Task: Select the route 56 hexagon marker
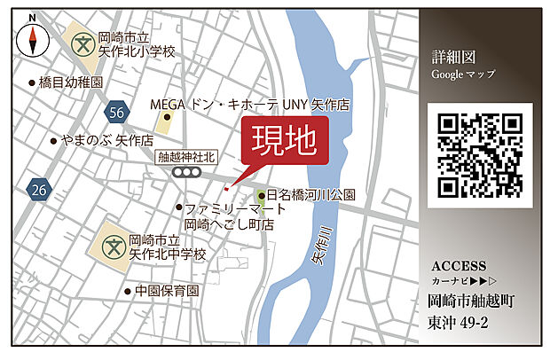[114, 112]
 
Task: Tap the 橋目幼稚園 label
[70, 82]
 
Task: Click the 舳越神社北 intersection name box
[185, 157]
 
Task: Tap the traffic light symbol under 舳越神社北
[186, 172]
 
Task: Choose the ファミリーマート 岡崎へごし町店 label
[234, 217]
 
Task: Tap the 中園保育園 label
[166, 291]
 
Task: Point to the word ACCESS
[458, 266]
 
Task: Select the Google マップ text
[463, 74]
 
